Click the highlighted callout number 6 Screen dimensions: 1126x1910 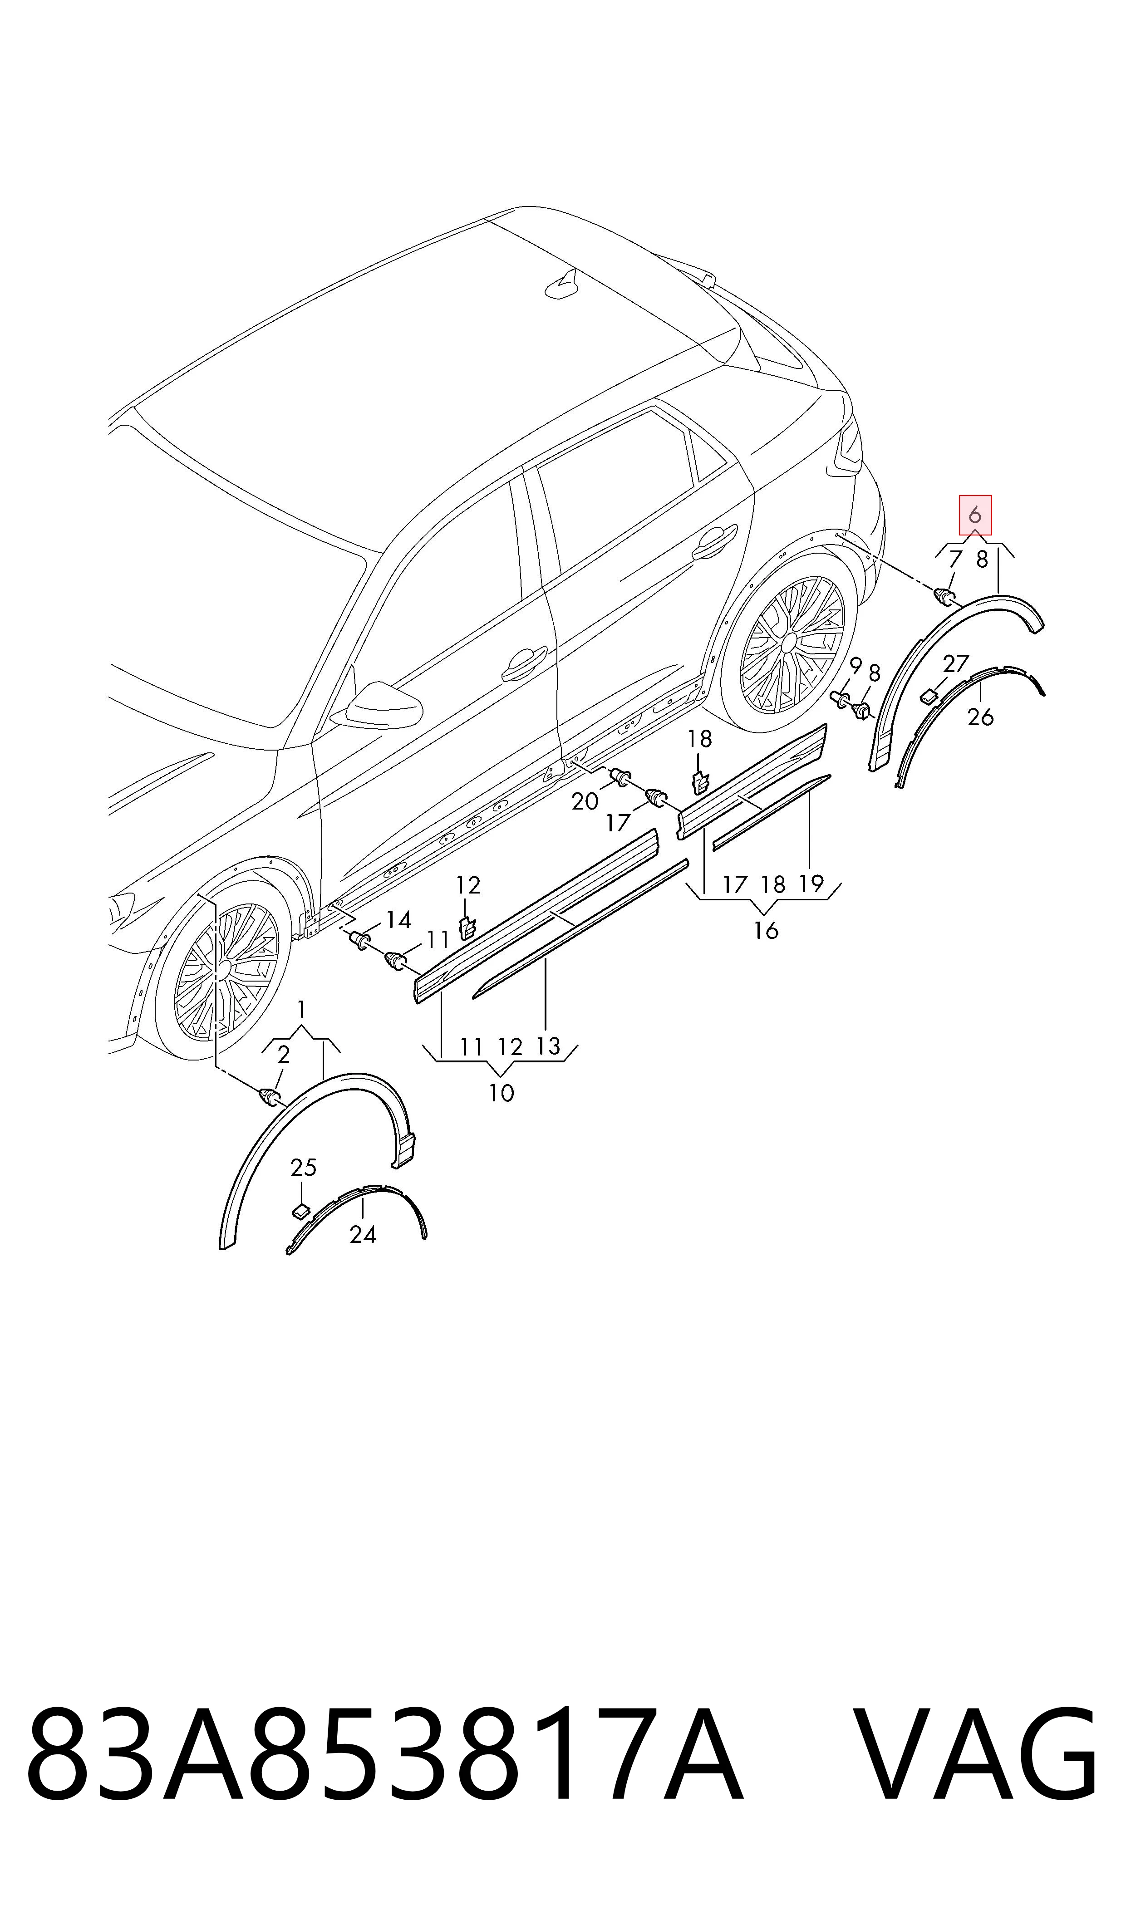tap(975, 515)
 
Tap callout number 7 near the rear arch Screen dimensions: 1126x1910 tap(955, 559)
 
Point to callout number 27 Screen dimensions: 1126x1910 tap(956, 664)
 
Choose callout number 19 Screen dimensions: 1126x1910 tap(811, 884)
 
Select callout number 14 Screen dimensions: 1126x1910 tap(398, 920)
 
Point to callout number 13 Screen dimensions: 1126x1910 tap(548, 1046)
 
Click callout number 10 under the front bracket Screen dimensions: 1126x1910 tap(502, 1093)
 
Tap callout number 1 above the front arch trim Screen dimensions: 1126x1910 tap(302, 1010)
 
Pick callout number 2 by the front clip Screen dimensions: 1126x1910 tap(284, 1054)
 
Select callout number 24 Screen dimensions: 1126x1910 tap(363, 1235)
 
